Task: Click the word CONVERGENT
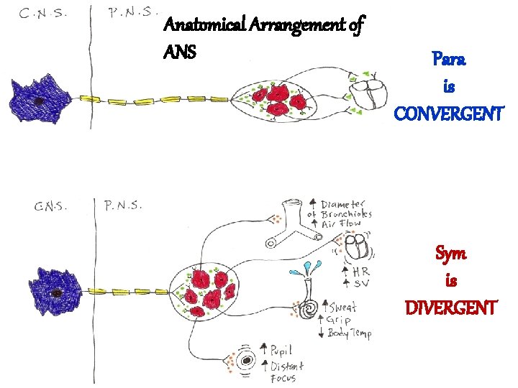(450, 114)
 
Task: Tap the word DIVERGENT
(450, 308)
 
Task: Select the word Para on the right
(449, 60)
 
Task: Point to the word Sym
(450, 254)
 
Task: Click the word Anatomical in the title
(203, 27)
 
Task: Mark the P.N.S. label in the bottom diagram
(124, 205)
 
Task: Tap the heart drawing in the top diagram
(368, 91)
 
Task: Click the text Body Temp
(350, 334)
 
